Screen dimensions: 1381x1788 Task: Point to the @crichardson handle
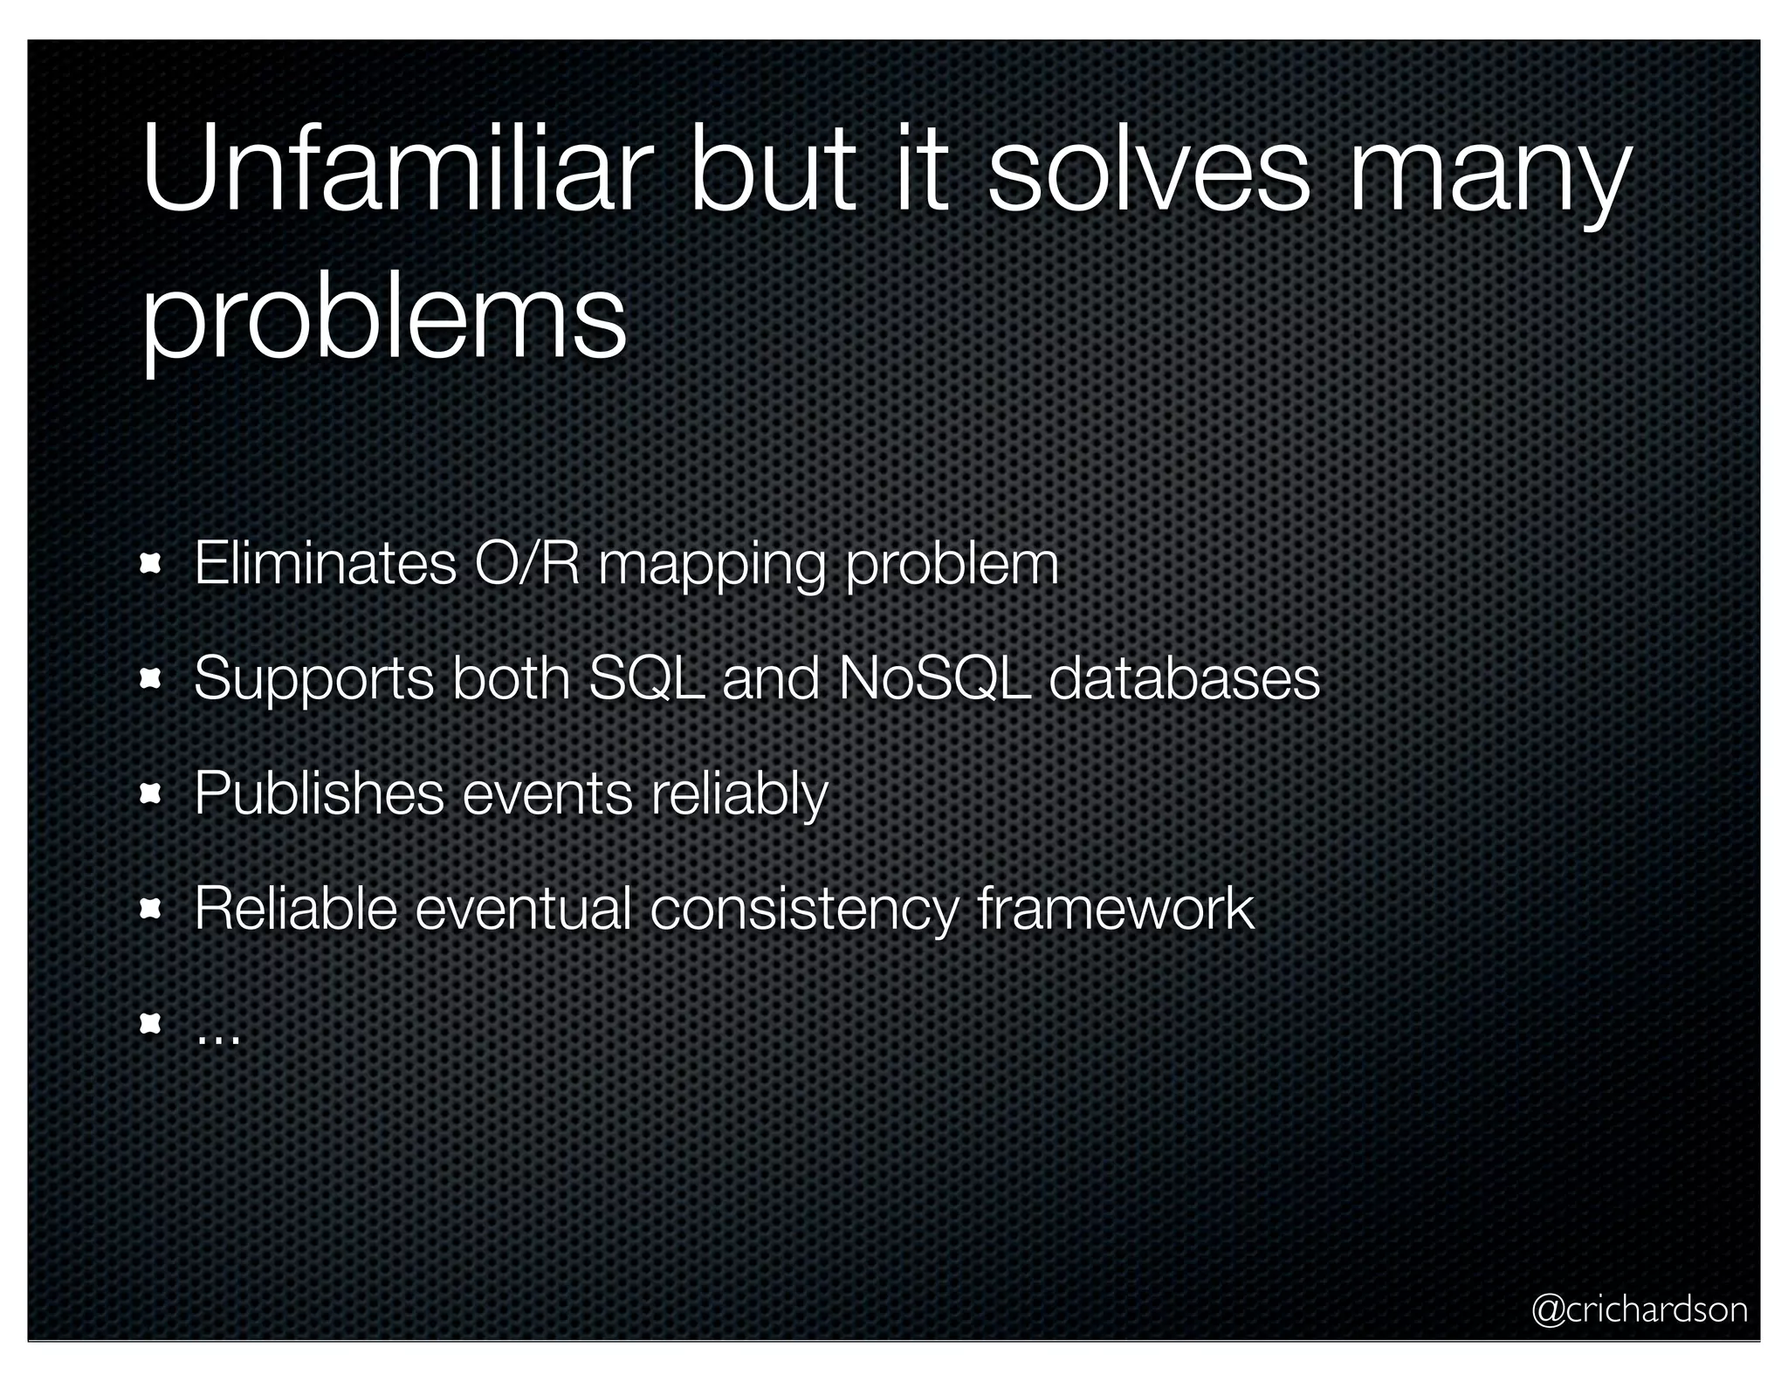click(1640, 1309)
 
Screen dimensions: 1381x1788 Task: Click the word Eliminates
click(325, 564)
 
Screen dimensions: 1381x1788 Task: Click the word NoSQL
click(934, 678)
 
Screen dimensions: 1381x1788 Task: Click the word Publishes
click(320, 794)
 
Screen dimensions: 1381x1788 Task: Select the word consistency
click(803, 910)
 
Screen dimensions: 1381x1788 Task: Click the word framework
click(1116, 908)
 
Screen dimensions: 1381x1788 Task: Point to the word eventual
click(523, 908)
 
